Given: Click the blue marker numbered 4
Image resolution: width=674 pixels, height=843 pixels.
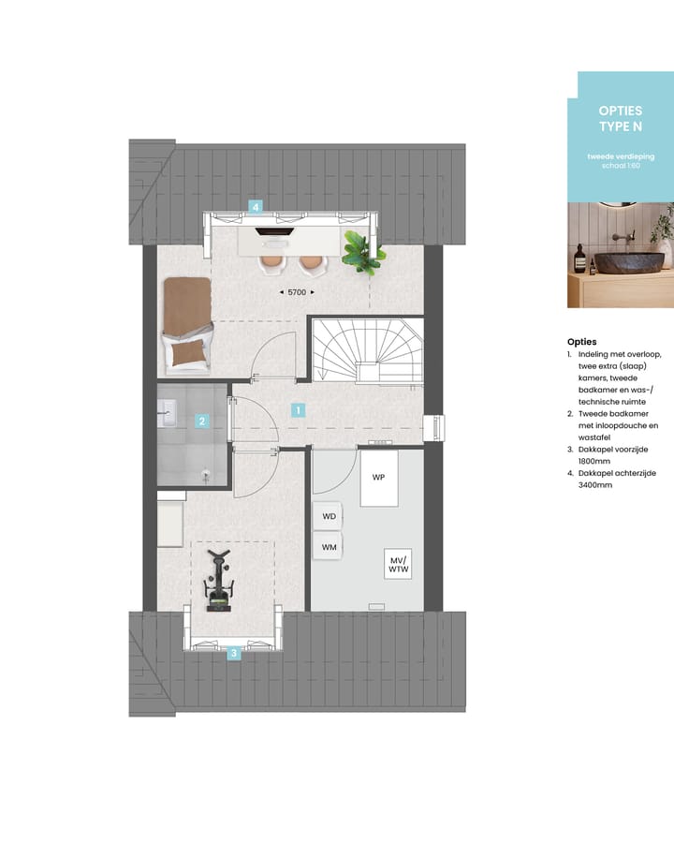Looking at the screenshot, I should [x=255, y=206].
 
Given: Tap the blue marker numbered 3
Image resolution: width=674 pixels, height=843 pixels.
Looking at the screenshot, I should [x=234, y=654].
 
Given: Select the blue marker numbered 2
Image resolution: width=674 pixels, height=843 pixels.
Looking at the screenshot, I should [x=201, y=421].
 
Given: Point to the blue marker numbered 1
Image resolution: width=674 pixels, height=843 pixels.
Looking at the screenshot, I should [x=298, y=409].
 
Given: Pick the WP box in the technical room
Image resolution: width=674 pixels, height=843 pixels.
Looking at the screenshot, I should [x=379, y=478].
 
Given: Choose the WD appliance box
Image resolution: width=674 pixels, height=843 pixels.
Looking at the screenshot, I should [x=329, y=516].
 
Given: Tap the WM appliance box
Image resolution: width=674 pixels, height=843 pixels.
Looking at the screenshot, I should [x=329, y=546].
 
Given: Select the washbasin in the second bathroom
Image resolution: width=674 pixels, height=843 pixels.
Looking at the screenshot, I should [x=168, y=408].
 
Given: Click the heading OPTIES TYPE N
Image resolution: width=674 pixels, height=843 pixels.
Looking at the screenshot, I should [x=620, y=118].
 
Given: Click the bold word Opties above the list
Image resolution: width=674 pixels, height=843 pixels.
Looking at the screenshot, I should [x=581, y=342].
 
